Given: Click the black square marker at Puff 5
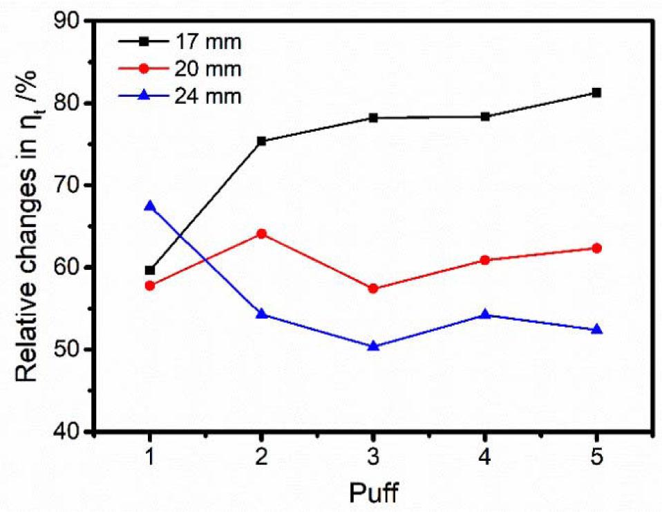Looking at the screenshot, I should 596,93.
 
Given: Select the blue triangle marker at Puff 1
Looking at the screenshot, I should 150,206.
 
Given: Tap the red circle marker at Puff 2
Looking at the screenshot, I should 261,234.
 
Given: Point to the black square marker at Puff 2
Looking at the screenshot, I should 261,141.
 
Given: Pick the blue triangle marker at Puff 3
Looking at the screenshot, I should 373,345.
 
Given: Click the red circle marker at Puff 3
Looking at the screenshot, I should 373,289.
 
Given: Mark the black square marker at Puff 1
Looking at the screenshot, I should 150,270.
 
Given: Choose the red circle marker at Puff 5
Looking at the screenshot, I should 596,248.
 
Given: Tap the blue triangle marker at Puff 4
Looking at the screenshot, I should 485,315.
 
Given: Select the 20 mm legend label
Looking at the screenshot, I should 214,69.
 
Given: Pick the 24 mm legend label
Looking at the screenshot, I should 214,95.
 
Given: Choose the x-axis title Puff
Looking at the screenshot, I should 372,493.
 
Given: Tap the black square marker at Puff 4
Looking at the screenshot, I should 485,116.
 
